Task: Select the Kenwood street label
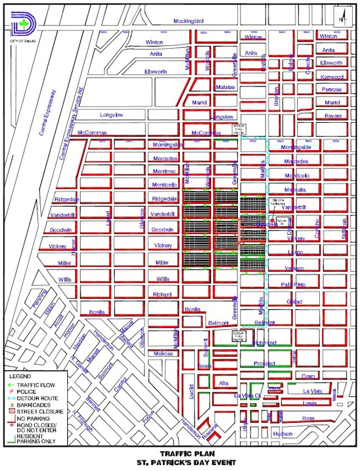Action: click(333, 77)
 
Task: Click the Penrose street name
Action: click(333, 89)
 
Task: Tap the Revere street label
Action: click(333, 115)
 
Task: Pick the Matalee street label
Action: click(225, 87)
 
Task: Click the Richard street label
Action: click(162, 295)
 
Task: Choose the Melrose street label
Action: click(163, 353)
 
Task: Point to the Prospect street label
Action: click(265, 363)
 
